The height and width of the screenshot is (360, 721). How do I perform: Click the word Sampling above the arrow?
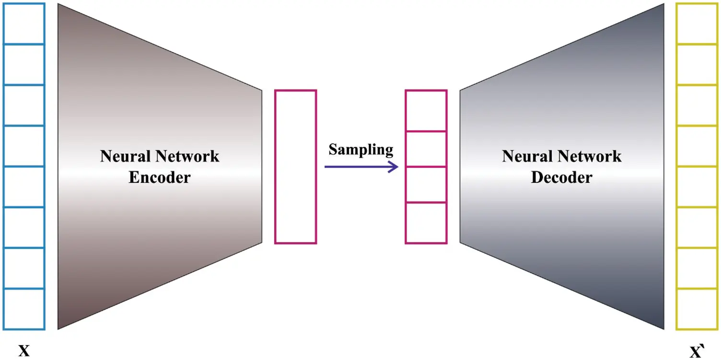(360, 150)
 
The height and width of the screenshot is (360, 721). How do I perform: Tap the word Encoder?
(160, 177)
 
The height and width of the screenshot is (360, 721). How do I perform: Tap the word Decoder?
(561, 177)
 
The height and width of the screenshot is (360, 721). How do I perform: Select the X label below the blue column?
(24, 351)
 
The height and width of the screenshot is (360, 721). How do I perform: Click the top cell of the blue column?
(24, 24)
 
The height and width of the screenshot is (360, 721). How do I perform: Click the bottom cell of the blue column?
(24, 309)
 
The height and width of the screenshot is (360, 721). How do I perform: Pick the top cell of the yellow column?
(696, 24)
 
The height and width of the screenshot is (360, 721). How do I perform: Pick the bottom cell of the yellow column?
(696, 309)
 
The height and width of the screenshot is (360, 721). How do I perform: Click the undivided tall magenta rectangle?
(295, 167)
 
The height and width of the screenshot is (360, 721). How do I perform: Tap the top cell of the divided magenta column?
(426, 111)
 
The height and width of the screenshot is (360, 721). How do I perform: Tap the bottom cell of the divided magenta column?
(426, 223)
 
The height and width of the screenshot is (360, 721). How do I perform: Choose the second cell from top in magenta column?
(426, 149)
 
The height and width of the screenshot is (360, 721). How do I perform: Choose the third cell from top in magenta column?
(426, 185)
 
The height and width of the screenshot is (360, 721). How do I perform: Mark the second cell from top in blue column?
(24, 65)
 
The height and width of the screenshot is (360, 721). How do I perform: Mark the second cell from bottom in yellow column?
(696, 268)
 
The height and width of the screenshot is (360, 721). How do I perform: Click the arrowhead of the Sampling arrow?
(394, 167)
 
